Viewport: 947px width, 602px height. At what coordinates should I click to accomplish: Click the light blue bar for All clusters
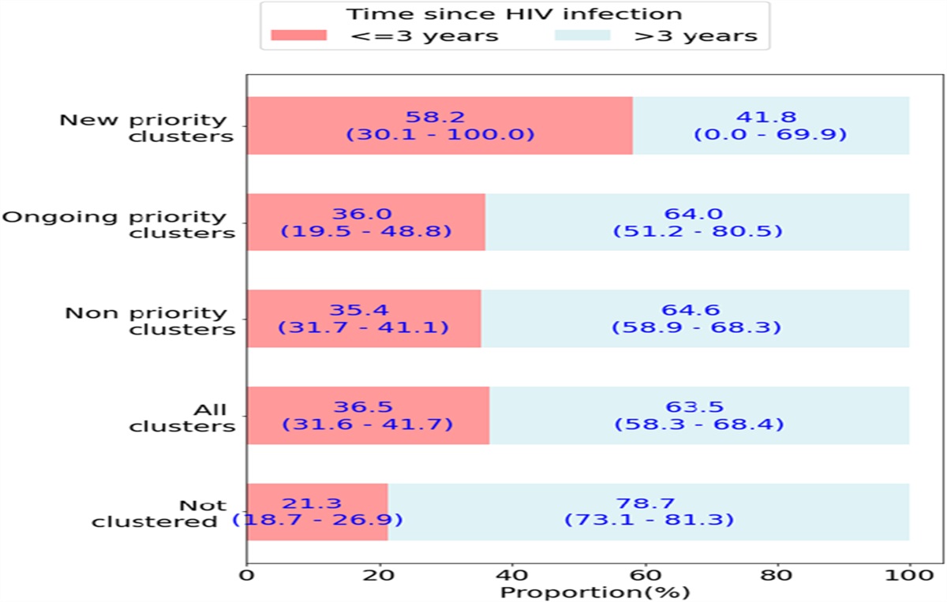click(699, 415)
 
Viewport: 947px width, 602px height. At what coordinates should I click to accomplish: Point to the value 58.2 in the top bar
click(440, 117)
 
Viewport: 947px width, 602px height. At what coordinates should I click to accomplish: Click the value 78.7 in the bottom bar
click(649, 503)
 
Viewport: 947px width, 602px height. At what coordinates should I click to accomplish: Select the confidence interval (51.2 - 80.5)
click(698, 231)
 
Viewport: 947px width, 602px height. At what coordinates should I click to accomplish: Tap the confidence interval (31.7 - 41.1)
click(364, 327)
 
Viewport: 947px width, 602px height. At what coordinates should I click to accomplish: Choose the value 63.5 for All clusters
click(699, 407)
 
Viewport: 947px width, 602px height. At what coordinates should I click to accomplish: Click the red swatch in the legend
click(299, 36)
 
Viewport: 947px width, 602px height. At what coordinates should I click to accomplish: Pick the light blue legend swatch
click(583, 36)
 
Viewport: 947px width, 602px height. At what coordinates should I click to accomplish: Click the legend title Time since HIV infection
click(515, 14)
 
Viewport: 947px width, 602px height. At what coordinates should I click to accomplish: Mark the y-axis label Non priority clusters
click(149, 320)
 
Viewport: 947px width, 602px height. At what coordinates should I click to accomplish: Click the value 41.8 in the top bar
click(770, 117)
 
